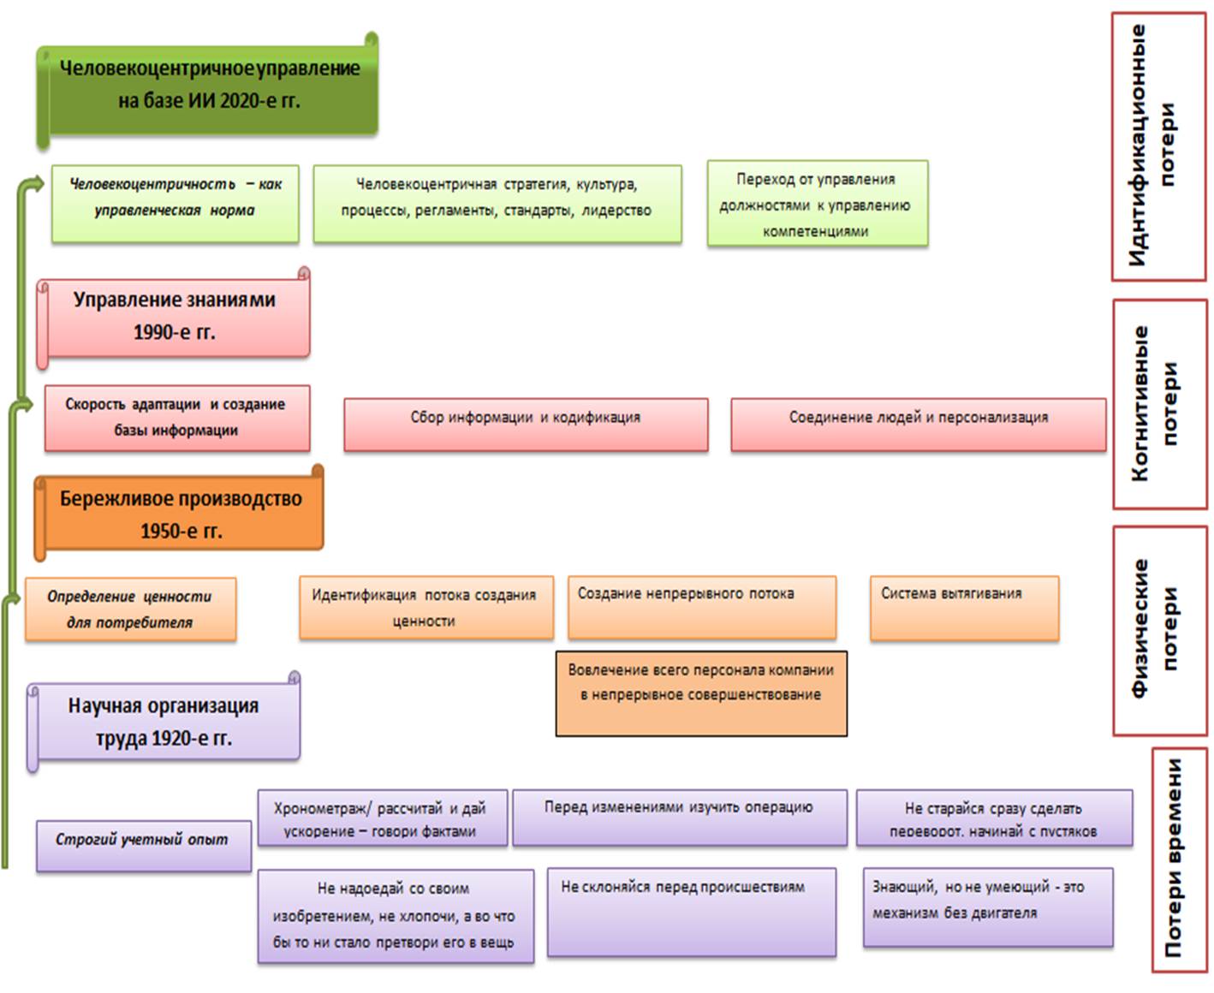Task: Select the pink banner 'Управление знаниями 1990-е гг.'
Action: pos(175,315)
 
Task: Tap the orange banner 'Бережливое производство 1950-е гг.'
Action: pos(181,514)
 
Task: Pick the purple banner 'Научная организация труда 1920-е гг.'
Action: pos(164,721)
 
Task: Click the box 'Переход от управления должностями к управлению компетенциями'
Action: pos(817,205)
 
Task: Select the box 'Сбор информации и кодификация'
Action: pos(526,423)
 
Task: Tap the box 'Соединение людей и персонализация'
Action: pos(918,423)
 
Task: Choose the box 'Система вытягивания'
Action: pos(964,609)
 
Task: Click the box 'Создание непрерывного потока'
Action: pos(702,609)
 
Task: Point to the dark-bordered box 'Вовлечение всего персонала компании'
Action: pos(701,693)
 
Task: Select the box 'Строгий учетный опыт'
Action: pos(143,846)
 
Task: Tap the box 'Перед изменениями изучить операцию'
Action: pos(680,818)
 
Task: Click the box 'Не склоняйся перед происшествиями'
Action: pos(691,912)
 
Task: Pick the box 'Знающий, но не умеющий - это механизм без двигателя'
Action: pos(988,907)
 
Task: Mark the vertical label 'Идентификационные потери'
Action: pos(1158,146)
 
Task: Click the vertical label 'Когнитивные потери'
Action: pos(1159,403)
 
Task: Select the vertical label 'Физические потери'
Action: pos(1159,629)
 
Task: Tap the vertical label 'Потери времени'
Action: pos(1180,859)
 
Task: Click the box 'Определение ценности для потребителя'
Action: pos(130,609)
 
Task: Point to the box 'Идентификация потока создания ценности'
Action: pos(425,608)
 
